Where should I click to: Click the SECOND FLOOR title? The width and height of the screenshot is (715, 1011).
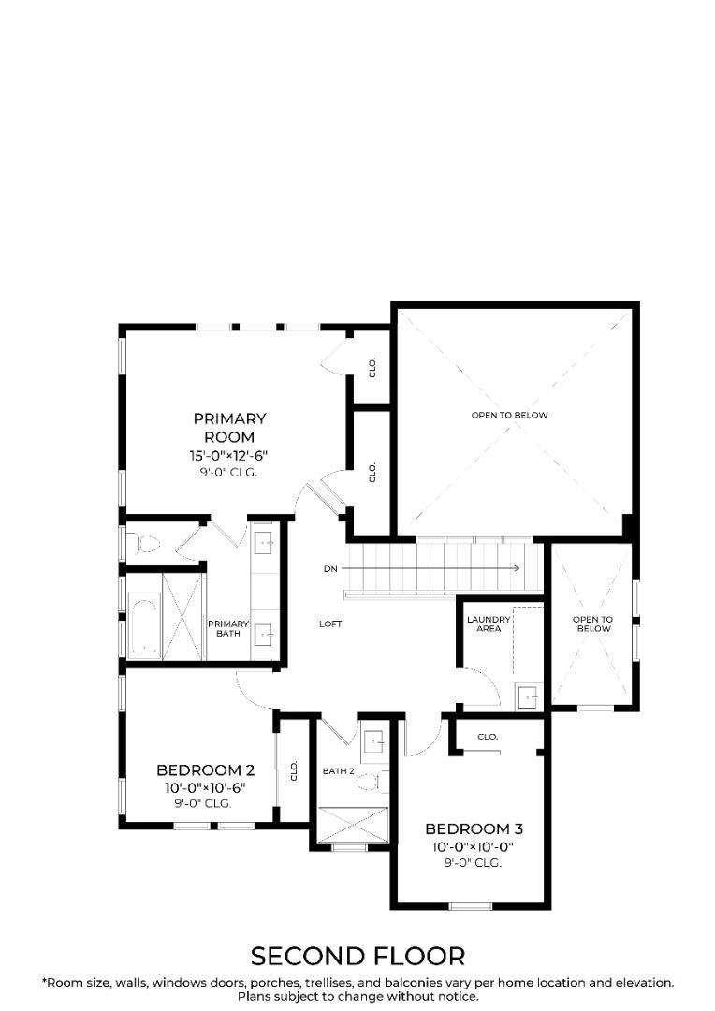click(357, 956)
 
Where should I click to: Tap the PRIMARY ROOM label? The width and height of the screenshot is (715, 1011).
click(229, 428)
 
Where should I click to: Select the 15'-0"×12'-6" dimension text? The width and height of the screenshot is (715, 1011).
click(228, 456)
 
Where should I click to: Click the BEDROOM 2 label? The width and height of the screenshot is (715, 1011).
click(206, 769)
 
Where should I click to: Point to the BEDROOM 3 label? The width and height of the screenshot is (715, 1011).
click(474, 828)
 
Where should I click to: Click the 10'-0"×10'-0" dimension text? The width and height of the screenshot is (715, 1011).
click(474, 846)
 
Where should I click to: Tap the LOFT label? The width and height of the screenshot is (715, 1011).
click(330, 624)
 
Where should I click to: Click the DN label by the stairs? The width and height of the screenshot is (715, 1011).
click(330, 569)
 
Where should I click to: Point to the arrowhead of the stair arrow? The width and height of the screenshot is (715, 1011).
click(517, 568)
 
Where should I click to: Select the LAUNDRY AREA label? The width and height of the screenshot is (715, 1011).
click(489, 623)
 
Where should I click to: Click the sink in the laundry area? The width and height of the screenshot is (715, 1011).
click(529, 696)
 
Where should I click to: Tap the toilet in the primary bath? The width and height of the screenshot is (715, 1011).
click(143, 544)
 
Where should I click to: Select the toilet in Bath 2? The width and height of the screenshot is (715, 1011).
click(373, 782)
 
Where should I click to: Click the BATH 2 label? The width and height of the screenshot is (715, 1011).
click(339, 771)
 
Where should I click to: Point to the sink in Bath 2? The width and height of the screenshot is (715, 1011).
click(374, 742)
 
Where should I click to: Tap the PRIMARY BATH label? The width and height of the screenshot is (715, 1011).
click(228, 629)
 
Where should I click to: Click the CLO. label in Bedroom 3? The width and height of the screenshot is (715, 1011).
click(488, 737)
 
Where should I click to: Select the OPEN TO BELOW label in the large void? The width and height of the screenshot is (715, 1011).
click(509, 415)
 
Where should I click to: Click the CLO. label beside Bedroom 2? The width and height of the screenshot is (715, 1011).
click(294, 771)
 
